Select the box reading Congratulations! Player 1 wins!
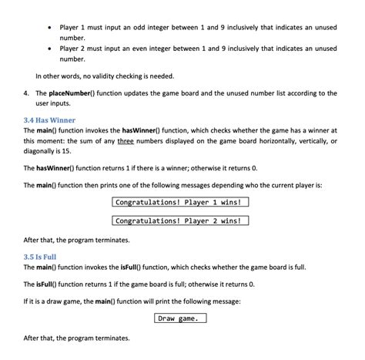click(181, 203)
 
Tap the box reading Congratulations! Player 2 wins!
click(181, 220)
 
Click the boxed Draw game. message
click(181, 318)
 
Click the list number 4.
click(26, 93)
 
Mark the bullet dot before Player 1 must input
click(50, 29)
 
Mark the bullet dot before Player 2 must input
click(50, 49)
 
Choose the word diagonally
click(42, 152)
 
